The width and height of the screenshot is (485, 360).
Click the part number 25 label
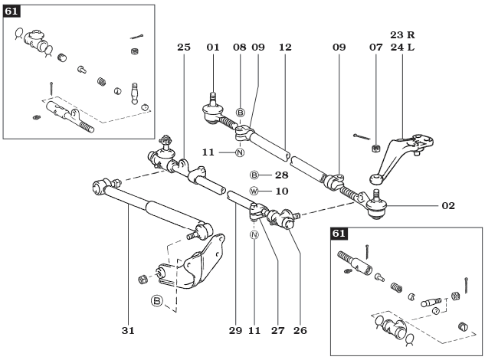coord(183,47)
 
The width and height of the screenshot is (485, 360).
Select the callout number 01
coord(213,47)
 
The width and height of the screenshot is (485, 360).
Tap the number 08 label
coord(240,47)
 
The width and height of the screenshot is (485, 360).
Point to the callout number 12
coord(285,47)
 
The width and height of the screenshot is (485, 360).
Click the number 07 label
coord(375,47)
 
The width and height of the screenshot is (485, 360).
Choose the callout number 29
coord(235,331)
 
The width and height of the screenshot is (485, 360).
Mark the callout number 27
coord(277,331)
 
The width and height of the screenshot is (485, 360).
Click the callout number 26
coord(300,331)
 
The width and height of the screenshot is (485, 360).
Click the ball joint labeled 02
coord(376,205)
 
